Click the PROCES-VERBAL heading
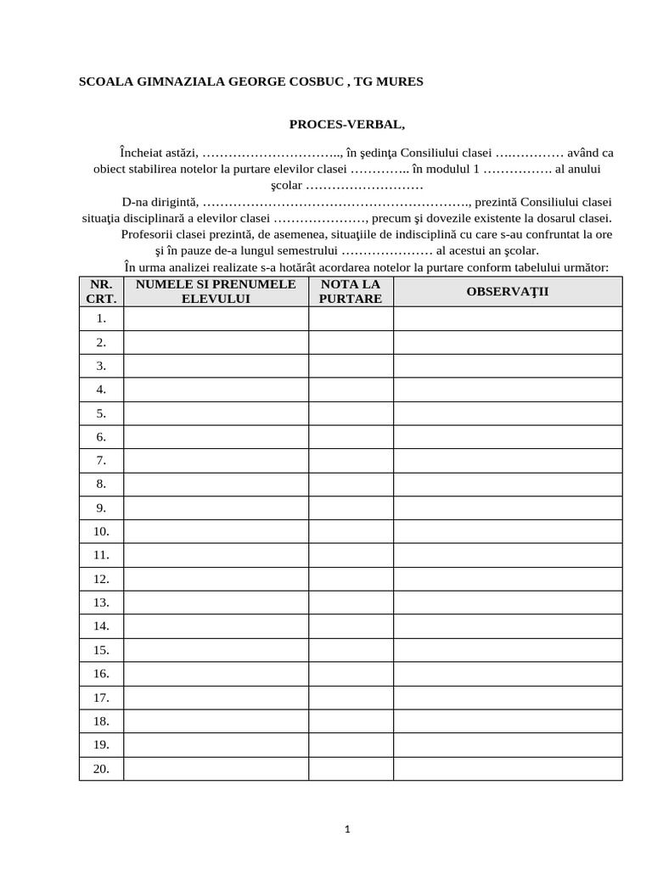[x=347, y=125]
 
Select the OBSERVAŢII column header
[x=508, y=291]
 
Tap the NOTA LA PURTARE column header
[x=351, y=291]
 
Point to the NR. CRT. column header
[x=101, y=291]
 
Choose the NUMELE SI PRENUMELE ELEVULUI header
[x=216, y=291]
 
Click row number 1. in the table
[x=101, y=318]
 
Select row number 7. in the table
[x=101, y=460]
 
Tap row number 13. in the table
[x=101, y=603]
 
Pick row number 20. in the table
[x=101, y=768]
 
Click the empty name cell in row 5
[x=216, y=413]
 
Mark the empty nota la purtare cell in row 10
[x=351, y=531]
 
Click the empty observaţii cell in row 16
[x=508, y=673]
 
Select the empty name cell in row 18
[x=216, y=720]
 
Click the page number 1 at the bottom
[x=347, y=829]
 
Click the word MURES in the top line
[x=402, y=81]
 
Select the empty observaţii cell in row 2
[x=508, y=342]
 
